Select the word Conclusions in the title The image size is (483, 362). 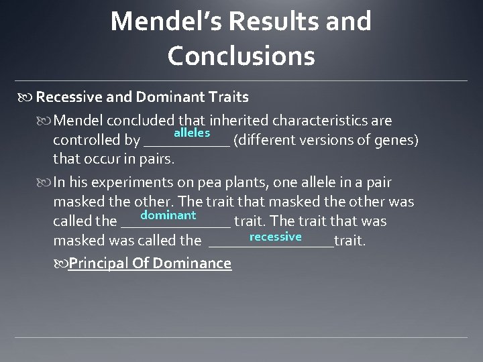(241, 56)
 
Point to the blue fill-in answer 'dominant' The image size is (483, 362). (168, 215)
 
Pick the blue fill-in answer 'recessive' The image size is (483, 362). (275, 237)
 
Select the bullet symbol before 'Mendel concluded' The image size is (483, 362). (45, 121)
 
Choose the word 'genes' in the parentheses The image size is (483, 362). (398, 141)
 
